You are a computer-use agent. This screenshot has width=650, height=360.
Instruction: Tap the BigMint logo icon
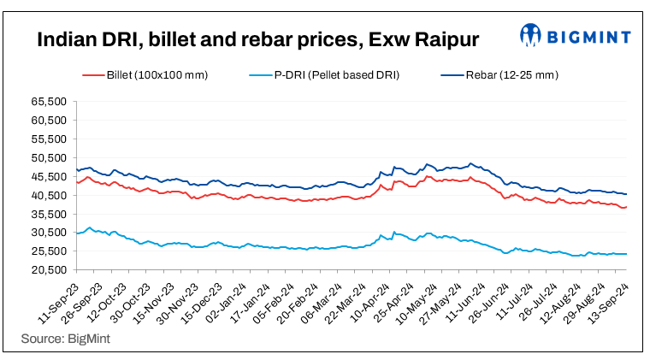click(531, 37)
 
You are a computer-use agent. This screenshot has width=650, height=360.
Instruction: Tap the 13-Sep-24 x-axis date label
click(610, 299)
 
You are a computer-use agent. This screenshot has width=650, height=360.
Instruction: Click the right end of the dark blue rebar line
click(626, 194)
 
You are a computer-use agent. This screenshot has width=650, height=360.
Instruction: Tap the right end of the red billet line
click(626, 207)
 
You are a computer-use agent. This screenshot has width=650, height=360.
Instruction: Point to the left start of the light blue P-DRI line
click(78, 233)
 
